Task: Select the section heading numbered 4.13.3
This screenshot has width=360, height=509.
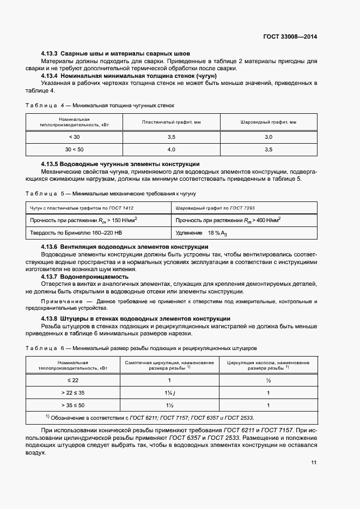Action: coord(116,54)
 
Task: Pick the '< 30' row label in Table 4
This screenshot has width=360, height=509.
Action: coord(75,137)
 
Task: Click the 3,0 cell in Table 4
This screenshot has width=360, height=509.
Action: coord(268,137)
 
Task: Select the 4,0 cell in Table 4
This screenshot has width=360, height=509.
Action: coord(171,149)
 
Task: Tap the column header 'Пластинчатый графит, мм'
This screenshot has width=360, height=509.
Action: coord(171,122)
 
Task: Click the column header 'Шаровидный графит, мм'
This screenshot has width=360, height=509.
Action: coord(268,122)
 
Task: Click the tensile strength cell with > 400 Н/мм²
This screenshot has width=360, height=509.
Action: coord(228,220)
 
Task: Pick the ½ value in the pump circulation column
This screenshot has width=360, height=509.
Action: coord(268,381)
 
